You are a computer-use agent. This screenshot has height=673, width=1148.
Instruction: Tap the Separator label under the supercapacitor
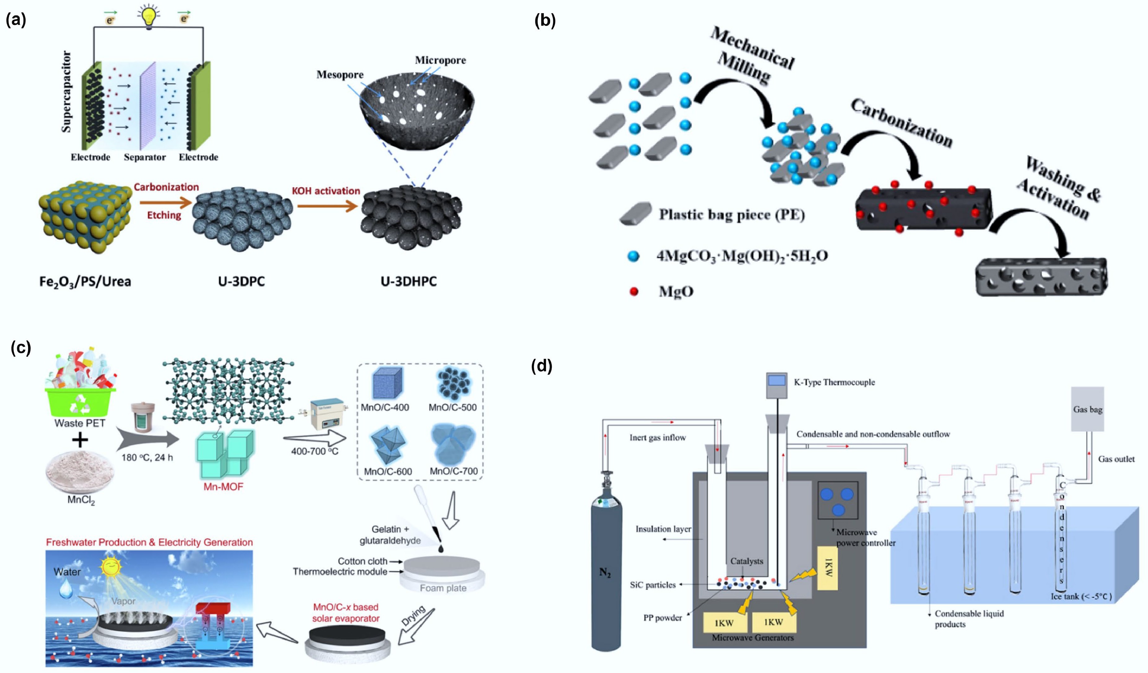tap(145, 157)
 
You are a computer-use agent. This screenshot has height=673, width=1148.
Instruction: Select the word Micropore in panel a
tap(440, 60)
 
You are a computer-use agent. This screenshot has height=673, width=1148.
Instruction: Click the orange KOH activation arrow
tap(327, 206)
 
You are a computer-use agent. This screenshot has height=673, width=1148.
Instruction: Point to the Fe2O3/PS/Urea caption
tap(85, 281)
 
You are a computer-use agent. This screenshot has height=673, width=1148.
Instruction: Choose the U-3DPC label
tap(241, 281)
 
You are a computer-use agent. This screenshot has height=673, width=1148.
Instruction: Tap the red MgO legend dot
tap(634, 291)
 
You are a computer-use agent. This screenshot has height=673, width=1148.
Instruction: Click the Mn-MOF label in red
tap(223, 487)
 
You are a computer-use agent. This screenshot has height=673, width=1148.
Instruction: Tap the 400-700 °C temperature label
tap(315, 451)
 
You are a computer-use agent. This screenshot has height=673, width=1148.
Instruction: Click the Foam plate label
tap(443, 588)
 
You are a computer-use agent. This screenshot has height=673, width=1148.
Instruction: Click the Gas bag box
tap(1087, 409)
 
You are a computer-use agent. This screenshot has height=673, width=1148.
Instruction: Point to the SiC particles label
tap(652, 585)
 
